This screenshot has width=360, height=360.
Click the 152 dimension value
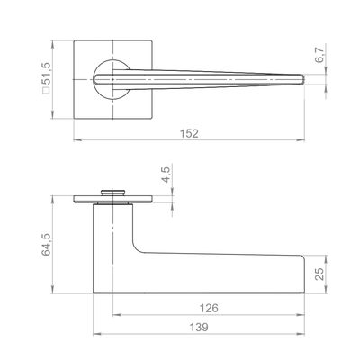coord(189,133)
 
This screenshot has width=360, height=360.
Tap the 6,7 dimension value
coord(319,55)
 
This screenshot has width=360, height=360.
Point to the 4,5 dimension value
coord(166,175)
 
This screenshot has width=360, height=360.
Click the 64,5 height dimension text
coord(47,245)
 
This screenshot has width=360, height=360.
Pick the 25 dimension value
coord(320,274)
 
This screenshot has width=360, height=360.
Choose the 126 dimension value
coord(209,308)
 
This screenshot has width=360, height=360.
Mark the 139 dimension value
coord(199,327)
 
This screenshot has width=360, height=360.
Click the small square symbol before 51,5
coord(47,91)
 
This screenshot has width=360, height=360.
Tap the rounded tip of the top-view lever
coord(303,79)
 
